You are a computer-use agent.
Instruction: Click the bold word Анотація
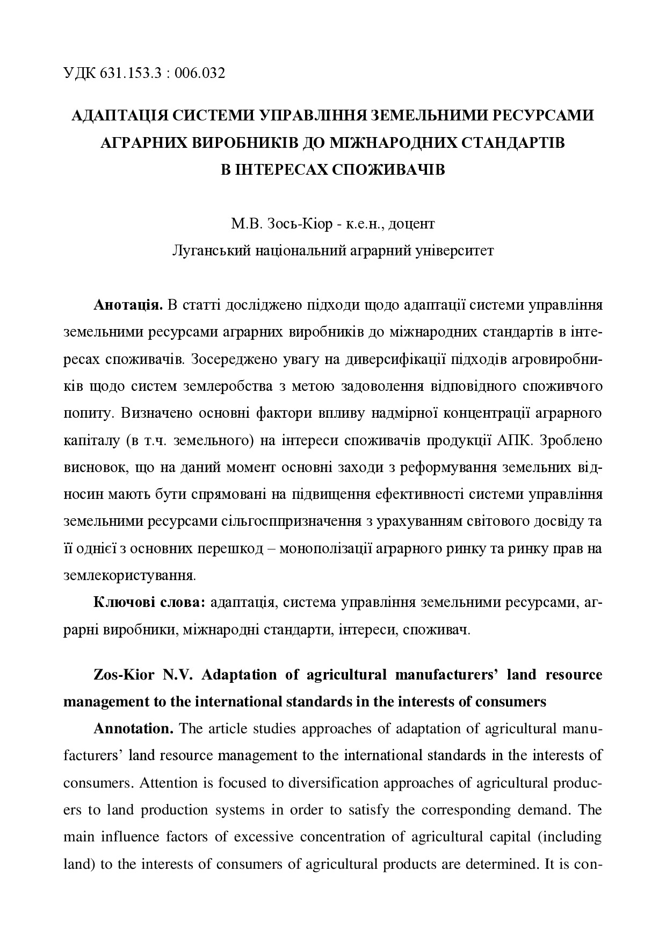tap(128, 305)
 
